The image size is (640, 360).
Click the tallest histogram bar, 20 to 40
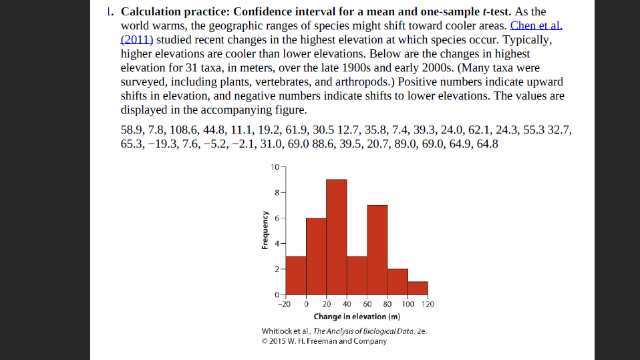[337, 237]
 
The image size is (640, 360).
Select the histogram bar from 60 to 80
[377, 250]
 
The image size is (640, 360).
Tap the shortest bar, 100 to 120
[418, 288]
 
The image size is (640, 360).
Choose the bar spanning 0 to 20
[317, 256]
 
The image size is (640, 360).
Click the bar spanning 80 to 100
[397, 281]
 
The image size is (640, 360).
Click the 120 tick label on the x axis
[428, 305]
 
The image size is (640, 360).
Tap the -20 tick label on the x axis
[284, 305]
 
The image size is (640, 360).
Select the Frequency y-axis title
[266, 230]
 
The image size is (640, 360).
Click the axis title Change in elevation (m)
[357, 317]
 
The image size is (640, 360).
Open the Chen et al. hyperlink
[536, 26]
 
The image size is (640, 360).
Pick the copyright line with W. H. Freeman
[324, 341]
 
